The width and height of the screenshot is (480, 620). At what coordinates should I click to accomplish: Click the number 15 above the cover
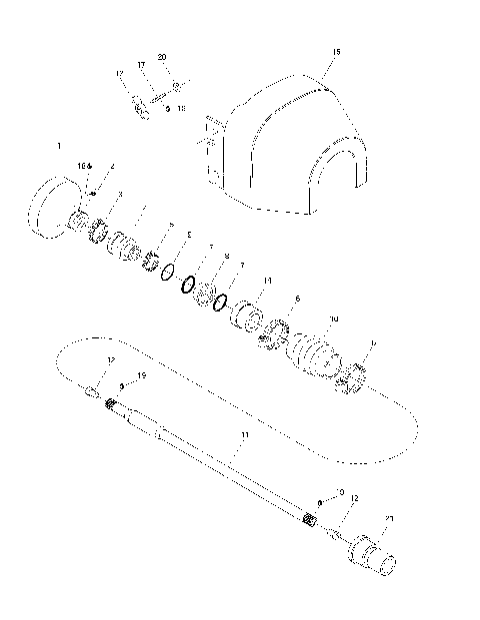pyautogui.click(x=336, y=51)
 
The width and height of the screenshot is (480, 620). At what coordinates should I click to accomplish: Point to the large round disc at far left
pyautogui.click(x=50, y=205)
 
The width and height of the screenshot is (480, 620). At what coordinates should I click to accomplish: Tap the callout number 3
pyautogui.click(x=120, y=195)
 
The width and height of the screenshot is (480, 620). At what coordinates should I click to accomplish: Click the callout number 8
pyautogui.click(x=227, y=258)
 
